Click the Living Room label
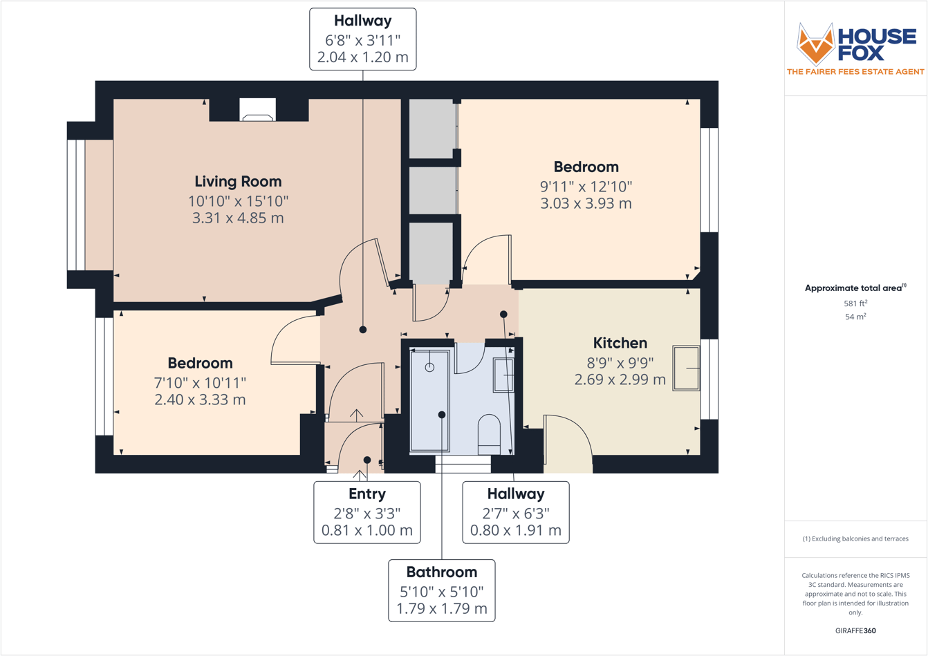(x=238, y=182)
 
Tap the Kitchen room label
(x=620, y=343)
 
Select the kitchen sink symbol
(x=687, y=368)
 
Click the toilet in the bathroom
(x=489, y=433)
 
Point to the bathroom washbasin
(x=503, y=375)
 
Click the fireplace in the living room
(x=257, y=111)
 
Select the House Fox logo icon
(x=815, y=44)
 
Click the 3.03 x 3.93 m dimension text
(x=586, y=204)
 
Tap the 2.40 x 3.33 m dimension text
(x=200, y=400)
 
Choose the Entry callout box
(x=366, y=512)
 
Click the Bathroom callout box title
(x=441, y=572)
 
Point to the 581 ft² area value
(x=855, y=303)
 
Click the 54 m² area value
(x=855, y=317)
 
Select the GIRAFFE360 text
(x=855, y=630)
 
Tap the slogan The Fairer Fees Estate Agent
(x=855, y=72)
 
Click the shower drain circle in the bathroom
(x=429, y=367)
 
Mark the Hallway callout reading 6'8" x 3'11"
(x=362, y=39)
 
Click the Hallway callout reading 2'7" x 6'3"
(x=515, y=512)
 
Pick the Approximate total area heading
(x=855, y=288)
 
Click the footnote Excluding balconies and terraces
(x=855, y=538)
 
